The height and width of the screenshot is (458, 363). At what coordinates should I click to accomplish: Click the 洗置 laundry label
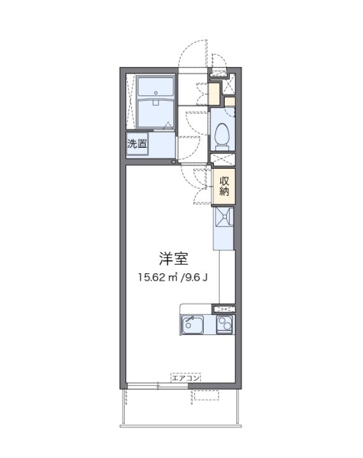point(136,144)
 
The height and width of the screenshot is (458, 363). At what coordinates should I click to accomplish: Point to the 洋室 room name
point(173,259)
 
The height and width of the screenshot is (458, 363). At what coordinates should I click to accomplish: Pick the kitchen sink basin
point(192,325)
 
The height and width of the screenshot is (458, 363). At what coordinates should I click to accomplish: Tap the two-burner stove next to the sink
point(224,325)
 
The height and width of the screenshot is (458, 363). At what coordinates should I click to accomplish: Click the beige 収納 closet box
point(224,185)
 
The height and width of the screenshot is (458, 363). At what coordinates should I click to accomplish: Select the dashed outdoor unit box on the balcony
point(206,396)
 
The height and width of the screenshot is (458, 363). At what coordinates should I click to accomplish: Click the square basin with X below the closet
point(224,218)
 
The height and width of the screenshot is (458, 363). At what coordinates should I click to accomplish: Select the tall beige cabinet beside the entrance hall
point(215,94)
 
